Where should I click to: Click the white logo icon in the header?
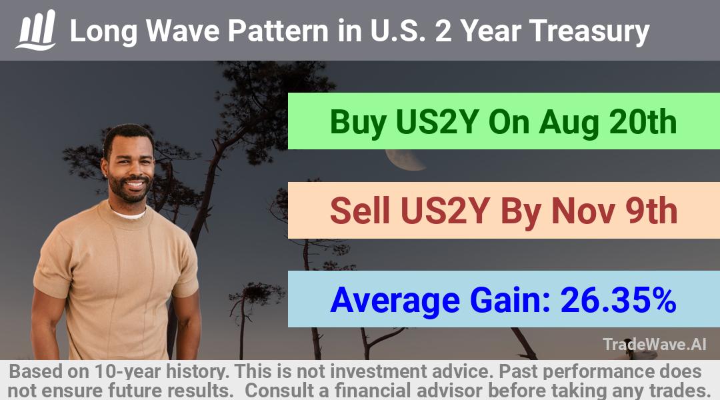click(x=36, y=29)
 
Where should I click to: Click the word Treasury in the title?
click(x=589, y=31)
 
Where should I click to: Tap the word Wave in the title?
click(x=183, y=31)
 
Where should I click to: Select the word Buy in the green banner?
click(x=358, y=123)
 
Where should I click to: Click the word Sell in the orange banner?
click(x=360, y=211)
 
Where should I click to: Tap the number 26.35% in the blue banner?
click(x=619, y=300)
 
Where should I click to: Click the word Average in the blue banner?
click(x=395, y=301)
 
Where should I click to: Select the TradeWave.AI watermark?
click(x=655, y=344)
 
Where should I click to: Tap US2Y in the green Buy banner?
click(x=437, y=122)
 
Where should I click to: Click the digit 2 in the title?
click(x=443, y=31)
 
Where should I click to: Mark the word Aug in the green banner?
click(x=569, y=123)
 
